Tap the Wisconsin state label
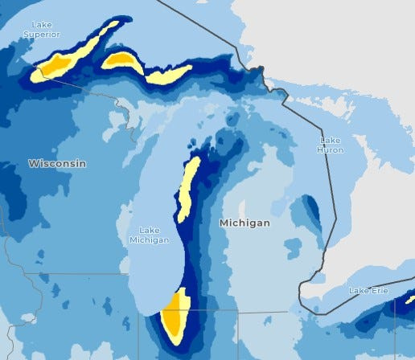tap(57, 163)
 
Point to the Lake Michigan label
tap(149, 235)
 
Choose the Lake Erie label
tap(369, 289)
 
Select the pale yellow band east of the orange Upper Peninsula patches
tap(170, 74)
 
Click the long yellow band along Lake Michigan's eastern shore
tap(188, 189)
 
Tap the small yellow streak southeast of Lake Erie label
tap(409, 300)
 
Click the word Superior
tap(41, 35)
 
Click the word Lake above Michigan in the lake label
tap(149, 230)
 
